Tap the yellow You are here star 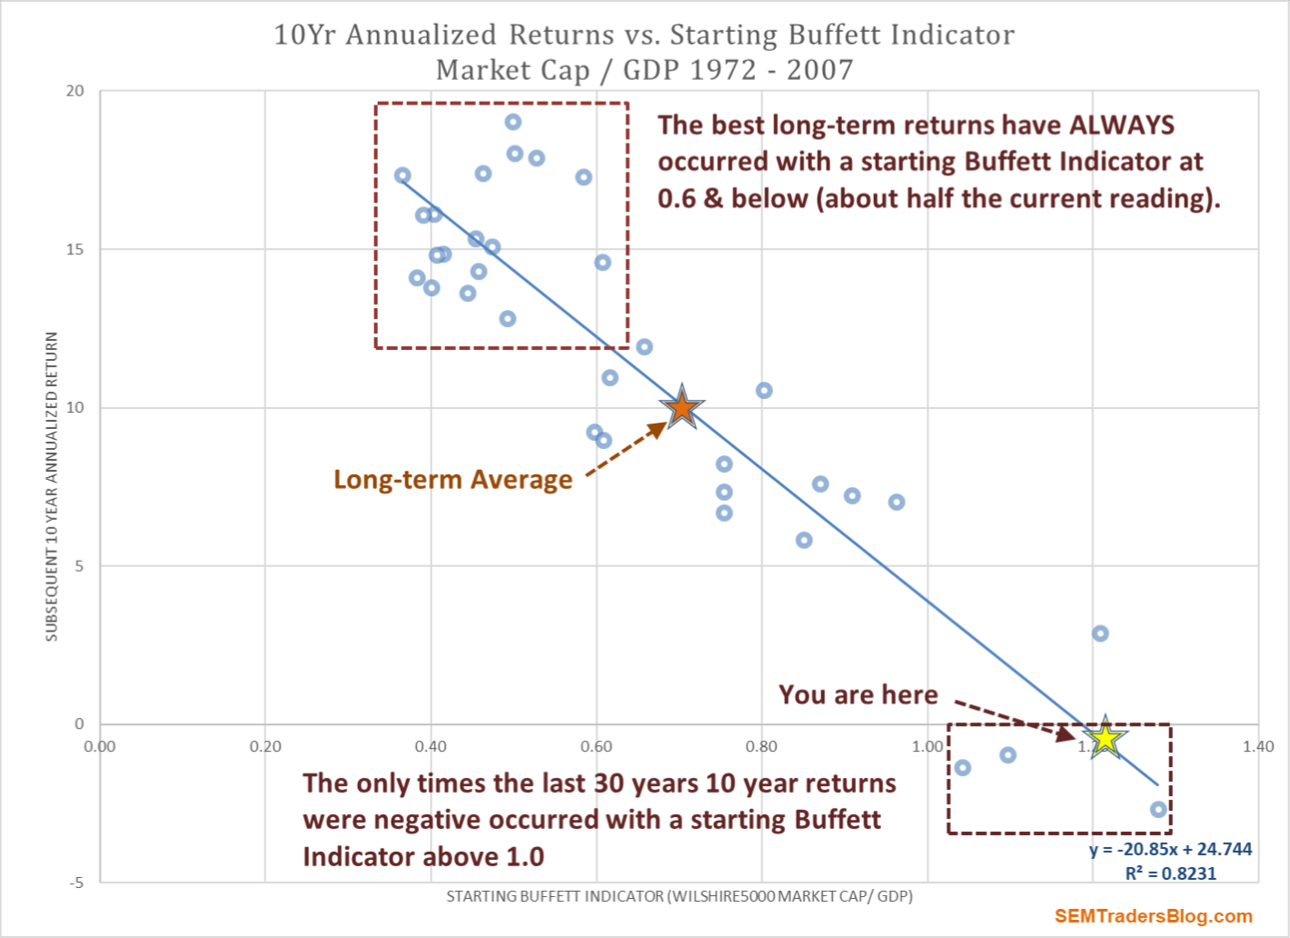pyautogui.click(x=1105, y=738)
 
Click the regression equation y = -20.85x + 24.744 pyautogui.click(x=1170, y=849)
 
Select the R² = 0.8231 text pyautogui.click(x=1170, y=873)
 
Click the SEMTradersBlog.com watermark pyautogui.click(x=1153, y=916)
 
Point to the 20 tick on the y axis pyautogui.click(x=74, y=91)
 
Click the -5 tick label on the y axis pyautogui.click(x=76, y=883)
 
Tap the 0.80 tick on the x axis pyautogui.click(x=761, y=747)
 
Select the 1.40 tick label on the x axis pyautogui.click(x=1258, y=747)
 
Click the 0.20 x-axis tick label pyautogui.click(x=265, y=747)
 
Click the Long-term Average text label pyautogui.click(x=452, y=479)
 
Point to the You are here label pyautogui.click(x=858, y=694)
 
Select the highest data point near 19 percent pyautogui.click(x=513, y=122)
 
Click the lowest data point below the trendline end pyautogui.click(x=1158, y=809)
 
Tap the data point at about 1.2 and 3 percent pyautogui.click(x=1100, y=634)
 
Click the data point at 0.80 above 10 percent pyautogui.click(x=764, y=390)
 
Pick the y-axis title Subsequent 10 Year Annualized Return pyautogui.click(x=52, y=486)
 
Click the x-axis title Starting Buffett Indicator pyautogui.click(x=680, y=896)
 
